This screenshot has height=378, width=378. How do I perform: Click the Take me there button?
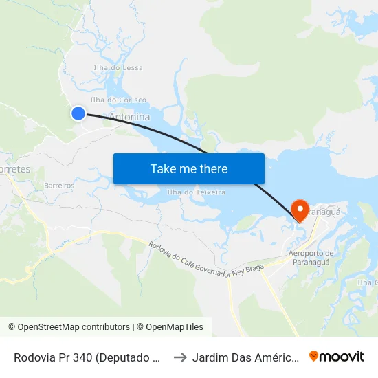point(189,168)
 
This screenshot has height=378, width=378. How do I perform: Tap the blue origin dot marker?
point(78,113)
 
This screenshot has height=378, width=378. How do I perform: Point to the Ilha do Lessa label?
point(118,67)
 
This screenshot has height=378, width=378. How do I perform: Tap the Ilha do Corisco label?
point(123,100)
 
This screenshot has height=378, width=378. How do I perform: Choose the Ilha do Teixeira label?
point(196,192)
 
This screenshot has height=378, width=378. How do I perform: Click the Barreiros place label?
point(58,186)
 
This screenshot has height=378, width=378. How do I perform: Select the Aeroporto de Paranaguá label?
point(311,258)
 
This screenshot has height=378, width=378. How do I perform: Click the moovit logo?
point(337,356)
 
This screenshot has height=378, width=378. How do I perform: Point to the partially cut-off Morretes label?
point(14,168)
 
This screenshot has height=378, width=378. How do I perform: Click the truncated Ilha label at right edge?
point(367,282)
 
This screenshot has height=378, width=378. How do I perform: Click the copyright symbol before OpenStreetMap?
point(12,327)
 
